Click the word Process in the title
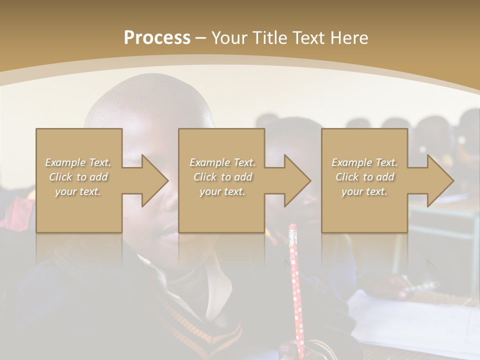pyautogui.click(x=157, y=38)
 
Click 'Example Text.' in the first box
pyautogui.click(x=78, y=162)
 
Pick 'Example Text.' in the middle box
pyautogui.click(x=222, y=162)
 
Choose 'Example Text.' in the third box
pyautogui.click(x=364, y=162)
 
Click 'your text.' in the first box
pyautogui.click(x=78, y=191)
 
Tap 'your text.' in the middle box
pyautogui.click(x=222, y=191)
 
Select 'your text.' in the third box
pyautogui.click(x=364, y=191)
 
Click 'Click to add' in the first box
pyautogui.click(x=78, y=177)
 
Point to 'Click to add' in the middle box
pyautogui.click(x=222, y=177)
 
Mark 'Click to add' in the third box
pyautogui.click(x=364, y=177)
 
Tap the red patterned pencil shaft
pyautogui.click(x=296, y=290)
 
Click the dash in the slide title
pyautogui.click(x=201, y=38)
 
